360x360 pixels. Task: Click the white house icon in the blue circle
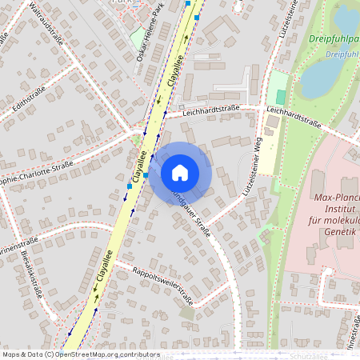180,172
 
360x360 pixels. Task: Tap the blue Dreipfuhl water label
342,54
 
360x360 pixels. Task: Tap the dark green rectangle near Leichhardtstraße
280,96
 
